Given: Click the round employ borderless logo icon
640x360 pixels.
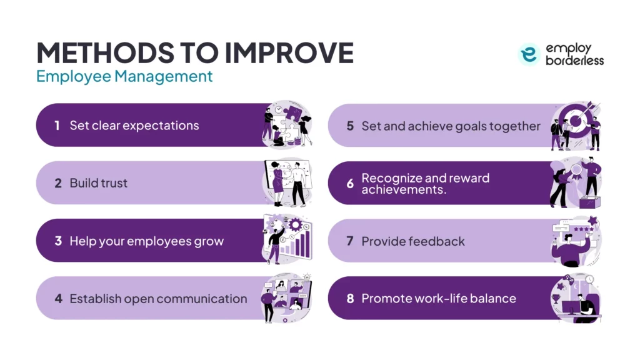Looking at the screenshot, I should point(529,54).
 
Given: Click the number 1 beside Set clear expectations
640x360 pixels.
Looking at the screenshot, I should point(57,126).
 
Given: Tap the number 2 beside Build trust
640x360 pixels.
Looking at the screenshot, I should point(58,184).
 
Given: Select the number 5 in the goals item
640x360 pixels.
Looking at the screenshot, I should point(350,126).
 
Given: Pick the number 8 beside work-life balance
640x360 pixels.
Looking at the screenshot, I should point(350,298).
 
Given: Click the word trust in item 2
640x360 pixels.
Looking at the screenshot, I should point(112,184).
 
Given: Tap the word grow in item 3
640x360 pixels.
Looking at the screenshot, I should point(209,242).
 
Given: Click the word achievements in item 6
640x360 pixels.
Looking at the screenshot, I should point(404,189).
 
